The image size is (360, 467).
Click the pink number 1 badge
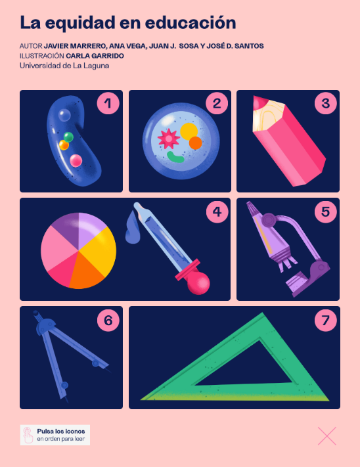point(108,103)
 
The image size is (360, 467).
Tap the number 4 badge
point(217,211)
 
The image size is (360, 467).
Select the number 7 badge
point(325,320)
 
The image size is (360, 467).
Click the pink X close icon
point(327,436)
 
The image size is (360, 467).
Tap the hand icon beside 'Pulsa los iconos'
point(28,435)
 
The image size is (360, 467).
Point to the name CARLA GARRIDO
point(95,56)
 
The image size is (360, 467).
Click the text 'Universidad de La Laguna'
point(64,66)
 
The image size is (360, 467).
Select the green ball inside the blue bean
point(68,137)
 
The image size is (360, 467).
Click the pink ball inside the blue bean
point(76,160)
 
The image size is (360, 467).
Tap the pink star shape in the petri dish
point(169,139)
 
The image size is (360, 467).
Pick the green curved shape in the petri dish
point(175,157)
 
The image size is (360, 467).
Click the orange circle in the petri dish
point(195,143)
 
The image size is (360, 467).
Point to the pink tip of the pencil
point(259,102)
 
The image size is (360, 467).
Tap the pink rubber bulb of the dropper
point(198,284)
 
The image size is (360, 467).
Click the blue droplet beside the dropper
point(133,228)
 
